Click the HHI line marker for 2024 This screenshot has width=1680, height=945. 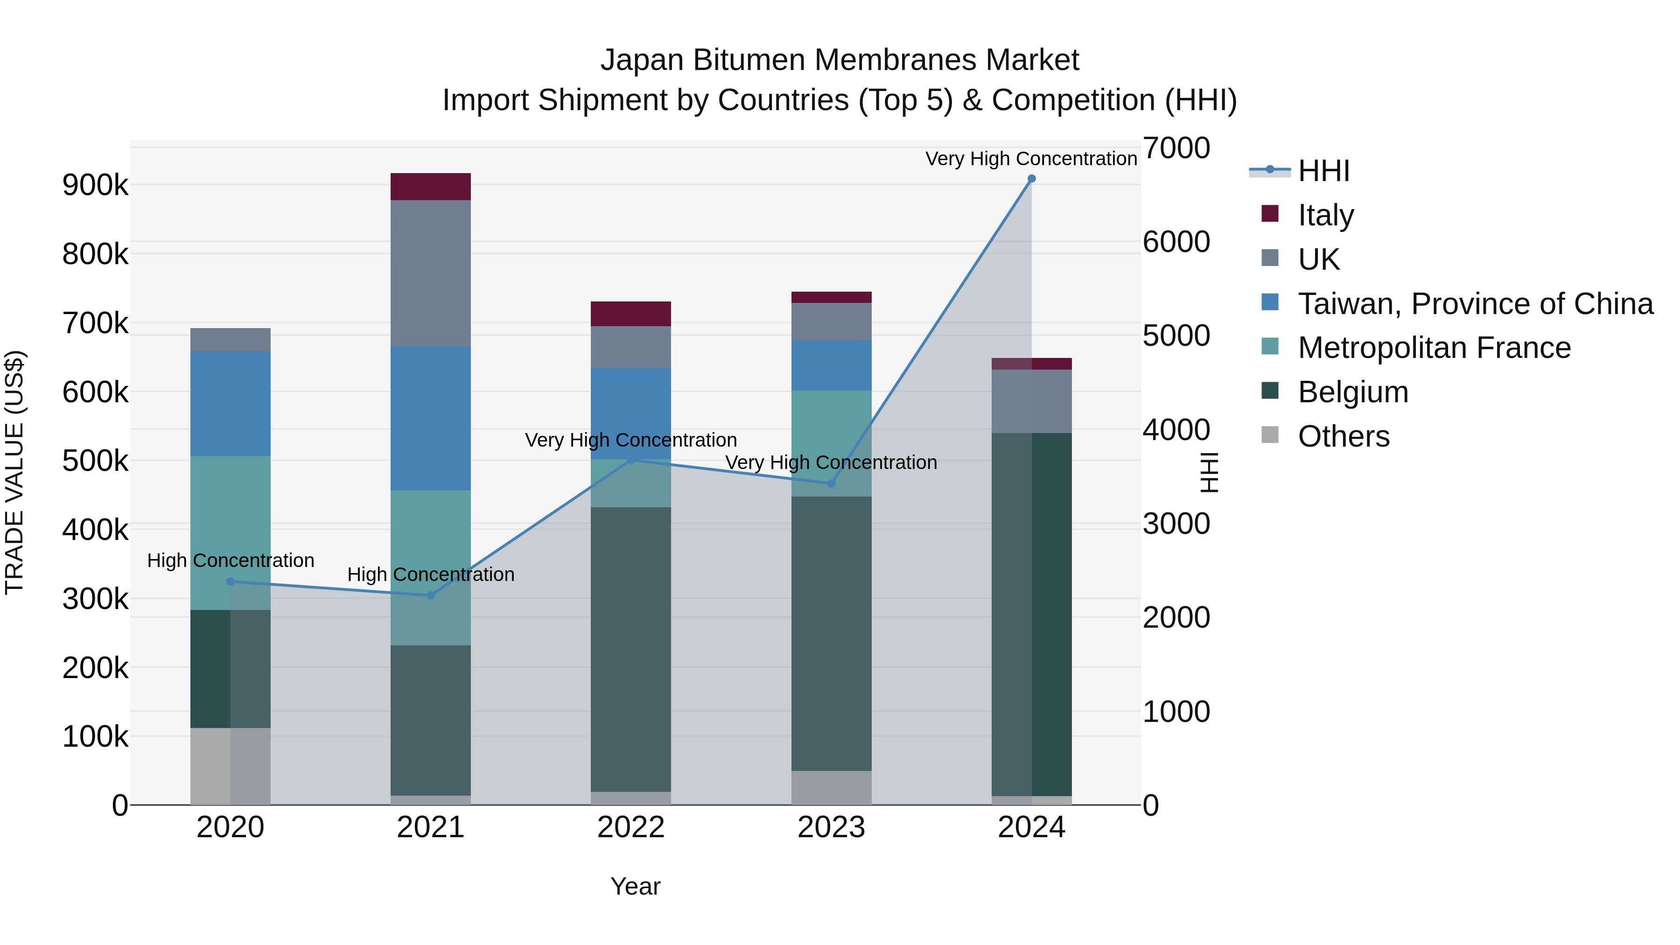tap(1031, 179)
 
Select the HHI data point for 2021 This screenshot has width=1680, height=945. tap(430, 595)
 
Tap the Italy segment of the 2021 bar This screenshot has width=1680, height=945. tap(430, 187)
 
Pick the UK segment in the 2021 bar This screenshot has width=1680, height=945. tap(430, 273)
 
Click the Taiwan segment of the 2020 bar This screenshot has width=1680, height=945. tap(230, 404)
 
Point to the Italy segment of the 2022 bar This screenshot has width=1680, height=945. tap(630, 314)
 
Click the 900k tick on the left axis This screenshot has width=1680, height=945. tap(95, 185)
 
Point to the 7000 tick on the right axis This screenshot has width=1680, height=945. tap(1176, 148)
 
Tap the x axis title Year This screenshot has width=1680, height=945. tap(635, 886)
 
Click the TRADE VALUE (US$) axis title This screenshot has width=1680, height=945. tap(14, 472)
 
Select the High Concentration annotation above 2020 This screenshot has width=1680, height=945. tap(230, 560)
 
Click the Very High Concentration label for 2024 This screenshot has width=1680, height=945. tap(1030, 159)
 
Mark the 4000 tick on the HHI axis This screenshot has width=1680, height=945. tap(1176, 430)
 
